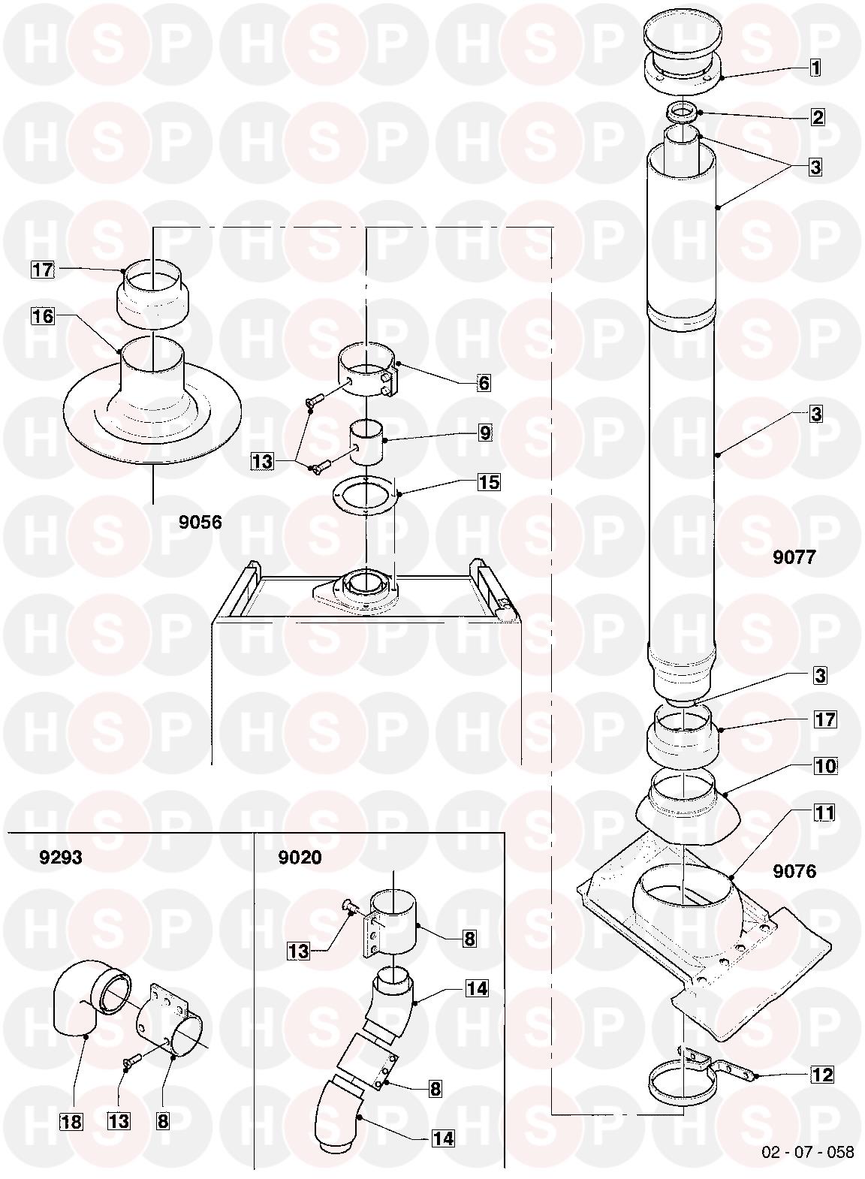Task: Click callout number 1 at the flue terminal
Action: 815,68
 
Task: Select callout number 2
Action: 818,117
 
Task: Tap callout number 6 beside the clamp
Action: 484,383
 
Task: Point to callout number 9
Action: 484,433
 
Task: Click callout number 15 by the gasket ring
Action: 489,481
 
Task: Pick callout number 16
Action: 43,316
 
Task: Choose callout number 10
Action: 825,766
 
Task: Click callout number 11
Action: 824,813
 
